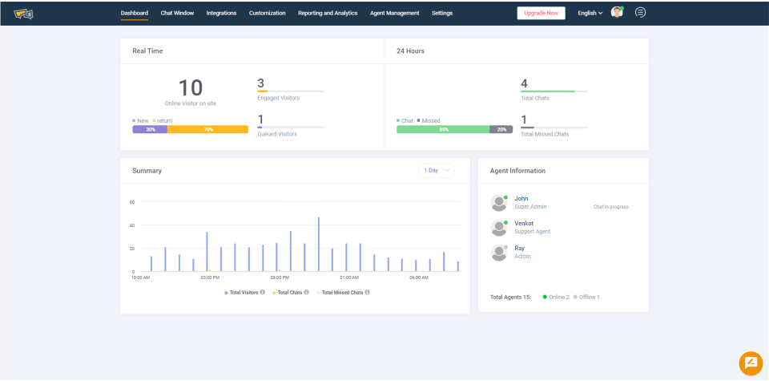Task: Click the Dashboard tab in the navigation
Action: (134, 13)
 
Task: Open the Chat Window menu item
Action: (177, 13)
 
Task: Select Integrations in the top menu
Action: (221, 13)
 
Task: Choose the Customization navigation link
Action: (267, 13)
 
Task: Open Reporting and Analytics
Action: (328, 13)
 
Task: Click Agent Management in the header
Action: (394, 13)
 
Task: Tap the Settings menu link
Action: (441, 13)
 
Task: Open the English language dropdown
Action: (590, 13)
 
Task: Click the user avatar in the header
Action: (617, 12)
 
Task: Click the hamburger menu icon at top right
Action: (640, 12)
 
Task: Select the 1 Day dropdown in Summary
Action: (436, 170)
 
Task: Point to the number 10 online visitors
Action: (191, 87)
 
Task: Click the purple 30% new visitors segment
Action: (150, 129)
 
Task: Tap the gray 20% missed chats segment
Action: (501, 129)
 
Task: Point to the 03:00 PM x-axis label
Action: (210, 278)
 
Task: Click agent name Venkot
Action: (524, 223)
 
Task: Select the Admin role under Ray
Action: (522, 257)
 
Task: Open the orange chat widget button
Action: (751, 363)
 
